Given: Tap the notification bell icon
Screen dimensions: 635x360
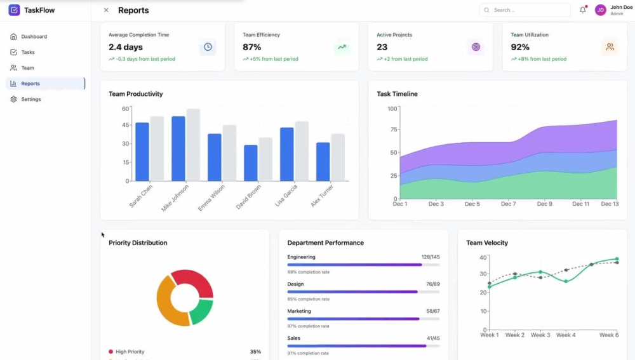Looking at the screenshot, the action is tap(583, 10).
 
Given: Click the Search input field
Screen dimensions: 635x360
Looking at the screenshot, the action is tap(525, 10).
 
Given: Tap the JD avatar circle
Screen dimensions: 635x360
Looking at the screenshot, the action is tap(600, 10).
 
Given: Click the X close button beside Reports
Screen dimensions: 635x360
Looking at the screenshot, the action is tap(106, 10).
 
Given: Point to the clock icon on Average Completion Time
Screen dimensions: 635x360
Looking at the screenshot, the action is tap(208, 47).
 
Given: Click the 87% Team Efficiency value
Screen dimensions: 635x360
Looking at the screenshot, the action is tap(252, 47).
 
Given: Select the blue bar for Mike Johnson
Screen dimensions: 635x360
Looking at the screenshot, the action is tap(178, 149).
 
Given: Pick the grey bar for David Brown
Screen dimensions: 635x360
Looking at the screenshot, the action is tap(265, 159).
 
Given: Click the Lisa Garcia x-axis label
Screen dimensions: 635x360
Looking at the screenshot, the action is tap(286, 196).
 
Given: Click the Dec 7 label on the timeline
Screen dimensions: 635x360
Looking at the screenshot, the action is tap(508, 204).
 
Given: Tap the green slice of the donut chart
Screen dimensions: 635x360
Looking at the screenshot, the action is tap(202, 311).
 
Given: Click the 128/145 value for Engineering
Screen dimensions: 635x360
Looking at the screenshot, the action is tap(431, 257).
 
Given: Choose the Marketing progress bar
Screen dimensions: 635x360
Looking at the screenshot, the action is tap(363, 319).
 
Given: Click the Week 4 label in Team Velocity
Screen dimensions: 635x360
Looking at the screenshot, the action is tap(566, 335).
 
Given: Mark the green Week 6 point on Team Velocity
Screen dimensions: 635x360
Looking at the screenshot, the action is tap(617, 259).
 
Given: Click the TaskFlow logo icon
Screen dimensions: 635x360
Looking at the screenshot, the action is tap(14, 10).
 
